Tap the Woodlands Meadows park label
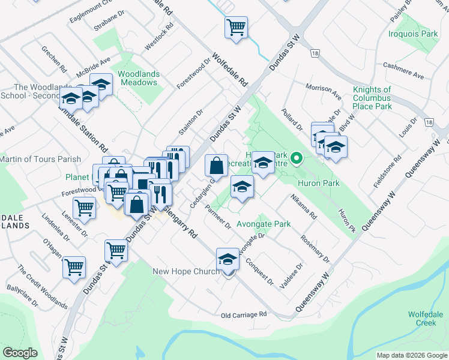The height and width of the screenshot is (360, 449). click(139, 78)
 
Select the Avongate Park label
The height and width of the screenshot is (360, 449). click(264, 224)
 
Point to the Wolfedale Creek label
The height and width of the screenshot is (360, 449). click(426, 318)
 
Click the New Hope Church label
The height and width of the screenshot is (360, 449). click(186, 271)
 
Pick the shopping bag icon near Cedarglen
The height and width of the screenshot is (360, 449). click(216, 165)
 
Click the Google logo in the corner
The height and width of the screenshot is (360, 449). click(20, 353)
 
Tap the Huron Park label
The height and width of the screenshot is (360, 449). click(318, 183)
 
